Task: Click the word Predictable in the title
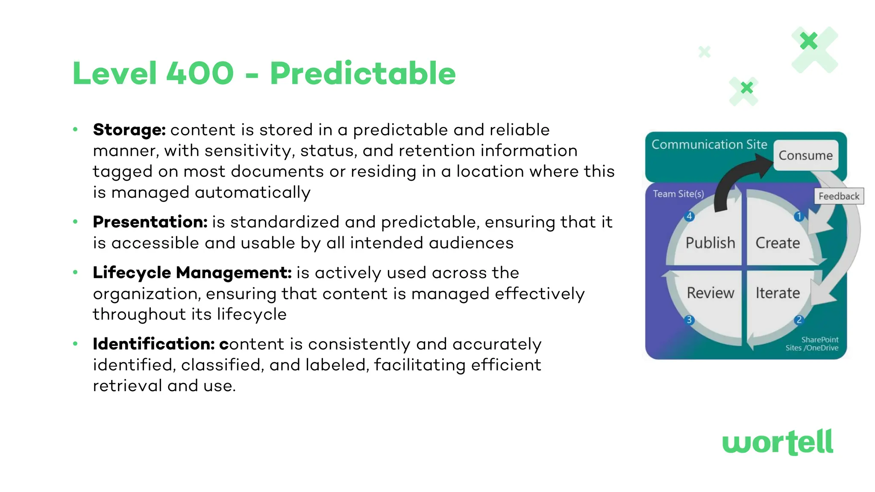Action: click(362, 73)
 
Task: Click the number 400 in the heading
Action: click(200, 73)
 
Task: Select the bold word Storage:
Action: click(129, 130)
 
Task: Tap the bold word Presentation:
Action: click(150, 222)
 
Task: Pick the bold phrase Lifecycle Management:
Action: click(192, 273)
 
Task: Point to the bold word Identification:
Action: click(153, 344)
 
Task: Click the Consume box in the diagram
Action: click(805, 155)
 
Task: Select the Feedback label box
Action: click(839, 196)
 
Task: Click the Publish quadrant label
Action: click(710, 243)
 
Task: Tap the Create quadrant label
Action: click(778, 243)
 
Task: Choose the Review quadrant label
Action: click(710, 293)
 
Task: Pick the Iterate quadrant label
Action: click(778, 293)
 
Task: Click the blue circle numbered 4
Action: click(689, 216)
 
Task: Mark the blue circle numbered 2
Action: click(799, 320)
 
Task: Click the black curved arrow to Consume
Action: click(735, 179)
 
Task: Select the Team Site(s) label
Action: click(678, 194)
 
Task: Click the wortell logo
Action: click(778, 442)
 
